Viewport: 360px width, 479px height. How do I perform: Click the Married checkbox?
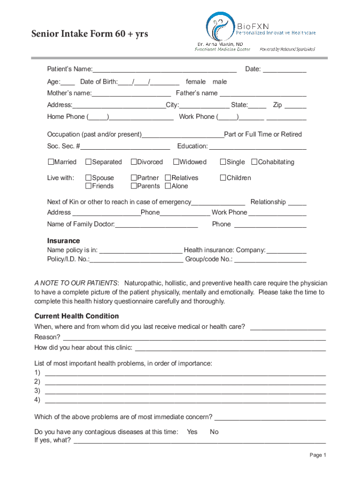pyautogui.click(x=50, y=162)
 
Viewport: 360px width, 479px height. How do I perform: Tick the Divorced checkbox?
pyautogui.click(x=134, y=162)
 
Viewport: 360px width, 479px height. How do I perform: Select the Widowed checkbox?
pyautogui.click(x=176, y=162)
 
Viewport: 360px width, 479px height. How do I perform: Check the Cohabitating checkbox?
pyautogui.click(x=254, y=162)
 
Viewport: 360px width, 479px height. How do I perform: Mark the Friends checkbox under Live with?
pyautogui.click(x=88, y=186)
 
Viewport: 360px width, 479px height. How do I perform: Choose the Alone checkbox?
pyautogui.click(x=168, y=186)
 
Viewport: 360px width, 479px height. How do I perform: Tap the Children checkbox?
pyautogui.click(x=223, y=178)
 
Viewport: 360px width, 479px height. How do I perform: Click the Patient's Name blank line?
pyautogui.click(x=165, y=70)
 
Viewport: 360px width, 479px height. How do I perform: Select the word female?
pyautogui.click(x=196, y=81)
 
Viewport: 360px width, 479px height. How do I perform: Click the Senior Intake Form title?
pyautogui.click(x=89, y=34)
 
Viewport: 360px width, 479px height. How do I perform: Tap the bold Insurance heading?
pyautogui.click(x=63, y=240)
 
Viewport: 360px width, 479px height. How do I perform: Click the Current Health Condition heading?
pyautogui.click(x=77, y=316)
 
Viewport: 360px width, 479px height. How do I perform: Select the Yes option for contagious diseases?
pyautogui.click(x=192, y=432)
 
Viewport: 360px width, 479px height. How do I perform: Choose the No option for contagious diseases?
pyautogui.click(x=214, y=432)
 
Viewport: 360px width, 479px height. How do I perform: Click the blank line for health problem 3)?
pyautogui.click(x=185, y=391)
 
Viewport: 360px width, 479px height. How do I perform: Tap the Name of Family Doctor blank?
pyautogui.click(x=156, y=225)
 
